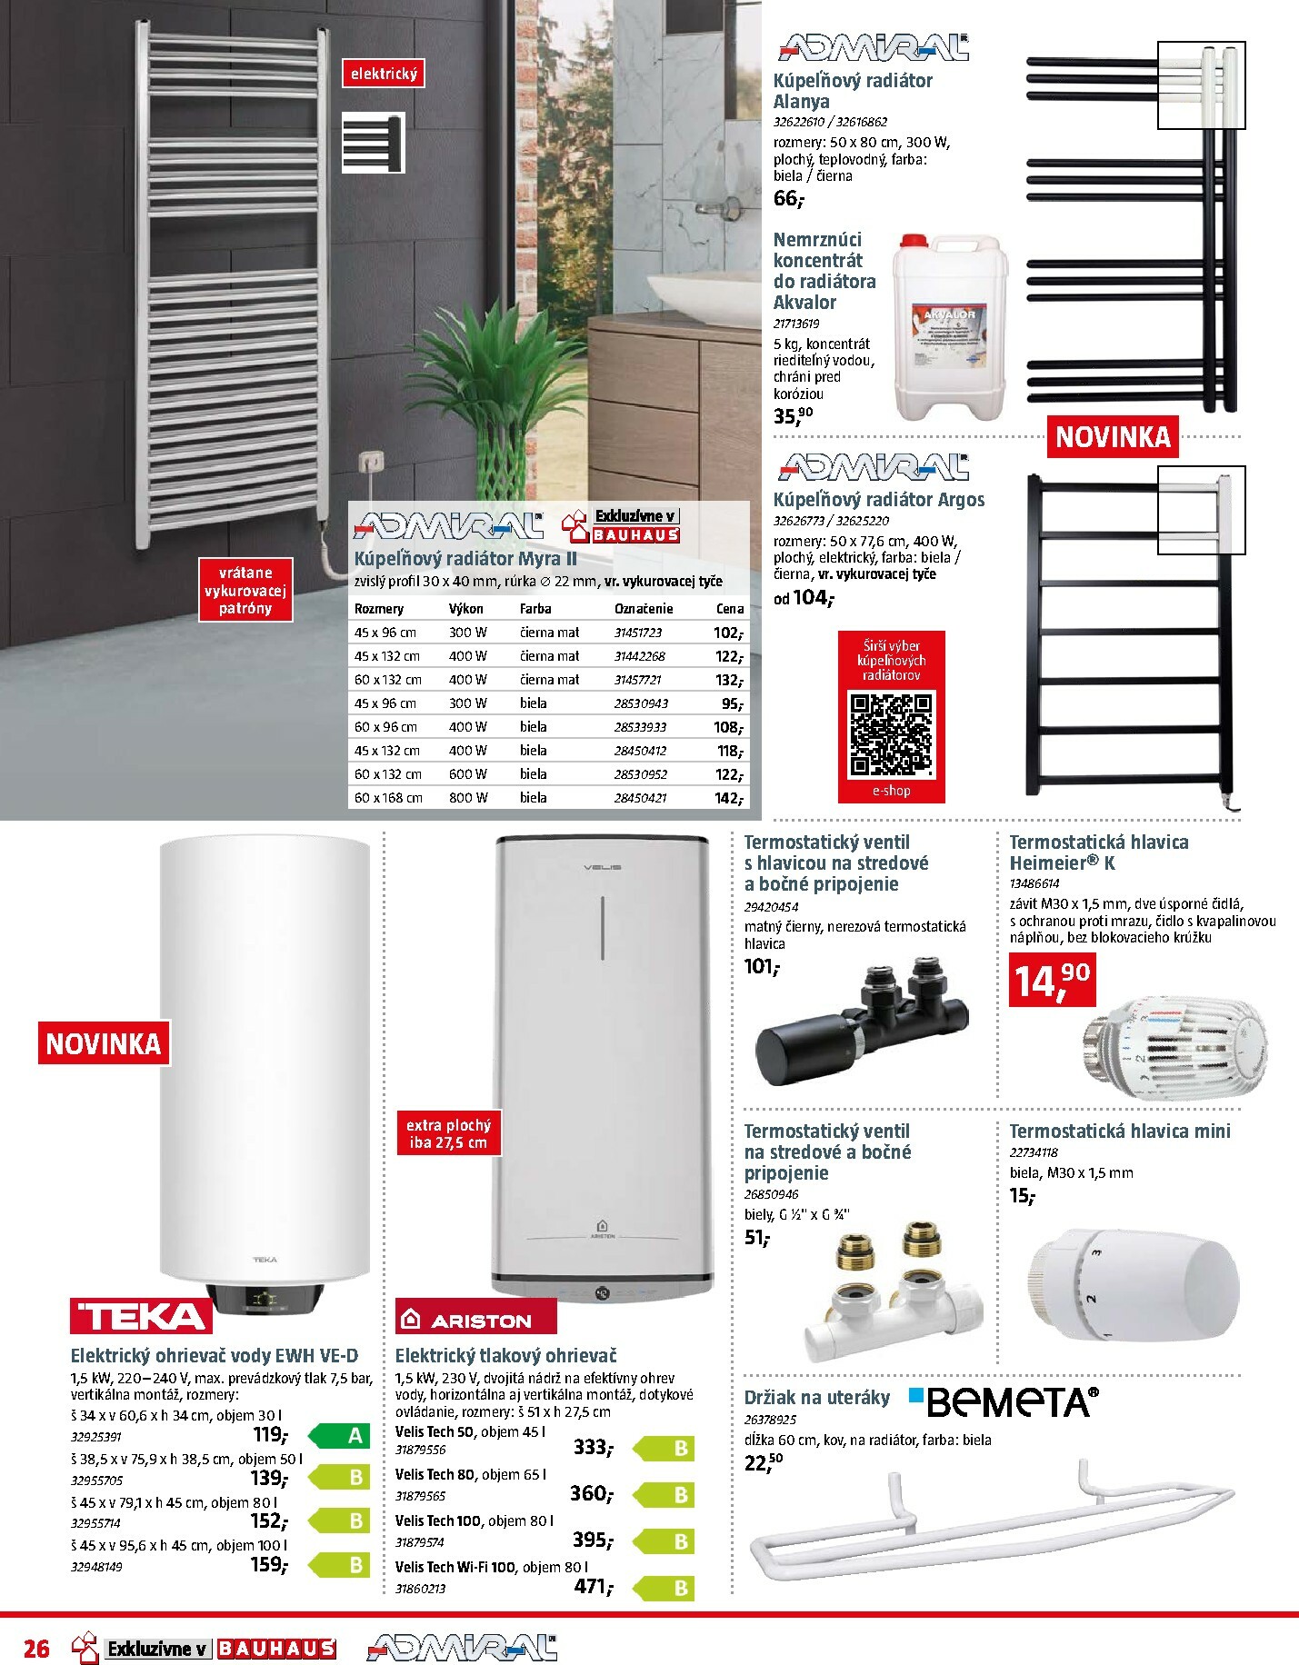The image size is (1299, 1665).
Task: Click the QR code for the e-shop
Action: click(x=891, y=734)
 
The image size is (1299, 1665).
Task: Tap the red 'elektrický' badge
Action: click(x=384, y=74)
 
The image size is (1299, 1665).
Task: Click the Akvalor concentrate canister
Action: click(x=949, y=327)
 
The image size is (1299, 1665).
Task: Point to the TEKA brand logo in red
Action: click(x=141, y=1316)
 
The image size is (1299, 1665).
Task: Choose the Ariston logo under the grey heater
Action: click(x=475, y=1319)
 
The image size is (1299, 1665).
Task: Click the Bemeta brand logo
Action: click(x=1004, y=1402)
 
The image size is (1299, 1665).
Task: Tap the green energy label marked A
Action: click(x=342, y=1436)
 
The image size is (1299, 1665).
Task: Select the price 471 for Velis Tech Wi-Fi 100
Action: click(x=592, y=1587)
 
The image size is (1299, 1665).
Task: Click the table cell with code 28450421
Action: click(x=640, y=798)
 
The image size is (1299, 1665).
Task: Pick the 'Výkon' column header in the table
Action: click(x=466, y=609)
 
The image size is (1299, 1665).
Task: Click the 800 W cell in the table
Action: click(x=468, y=798)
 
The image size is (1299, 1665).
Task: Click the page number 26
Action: click(x=36, y=1648)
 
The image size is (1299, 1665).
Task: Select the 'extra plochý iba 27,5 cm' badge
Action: click(x=448, y=1133)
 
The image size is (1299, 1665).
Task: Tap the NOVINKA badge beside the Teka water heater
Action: click(x=103, y=1043)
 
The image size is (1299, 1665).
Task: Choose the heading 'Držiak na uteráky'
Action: click(x=816, y=1398)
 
